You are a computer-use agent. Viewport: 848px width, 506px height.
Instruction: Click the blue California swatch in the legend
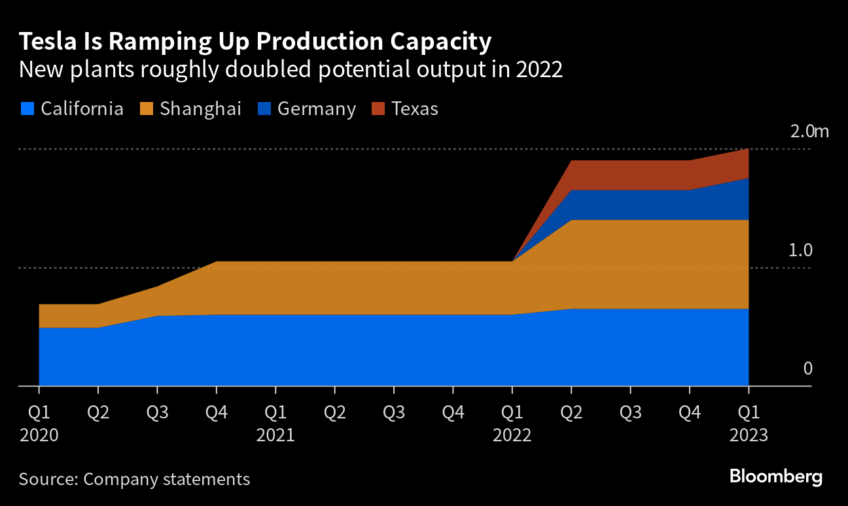(26, 109)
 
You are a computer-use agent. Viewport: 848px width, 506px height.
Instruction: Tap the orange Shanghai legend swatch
(146, 109)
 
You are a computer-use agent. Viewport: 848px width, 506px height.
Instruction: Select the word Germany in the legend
(316, 109)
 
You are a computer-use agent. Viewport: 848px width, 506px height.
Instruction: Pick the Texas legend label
(414, 109)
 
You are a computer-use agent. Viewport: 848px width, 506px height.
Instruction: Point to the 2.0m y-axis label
(809, 131)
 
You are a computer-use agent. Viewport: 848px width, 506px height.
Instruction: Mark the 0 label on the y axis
(807, 369)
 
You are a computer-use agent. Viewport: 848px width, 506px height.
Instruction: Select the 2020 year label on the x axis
(39, 435)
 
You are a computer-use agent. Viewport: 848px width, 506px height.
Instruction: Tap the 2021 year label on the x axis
(275, 435)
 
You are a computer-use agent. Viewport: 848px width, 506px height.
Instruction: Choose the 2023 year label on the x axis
(749, 435)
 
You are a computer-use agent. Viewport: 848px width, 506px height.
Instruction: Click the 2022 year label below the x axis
(512, 435)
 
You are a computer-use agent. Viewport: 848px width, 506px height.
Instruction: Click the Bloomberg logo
(776, 477)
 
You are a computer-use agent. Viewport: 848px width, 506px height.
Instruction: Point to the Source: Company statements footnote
(134, 479)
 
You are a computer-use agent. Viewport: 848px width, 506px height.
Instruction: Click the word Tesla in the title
(48, 42)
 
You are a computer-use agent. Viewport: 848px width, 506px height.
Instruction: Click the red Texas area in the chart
(628, 175)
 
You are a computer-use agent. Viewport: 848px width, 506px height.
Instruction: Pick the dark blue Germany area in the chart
(628, 205)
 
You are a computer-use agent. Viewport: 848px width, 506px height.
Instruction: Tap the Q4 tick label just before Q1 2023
(689, 413)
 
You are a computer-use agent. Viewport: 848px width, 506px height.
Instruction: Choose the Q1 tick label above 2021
(275, 413)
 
